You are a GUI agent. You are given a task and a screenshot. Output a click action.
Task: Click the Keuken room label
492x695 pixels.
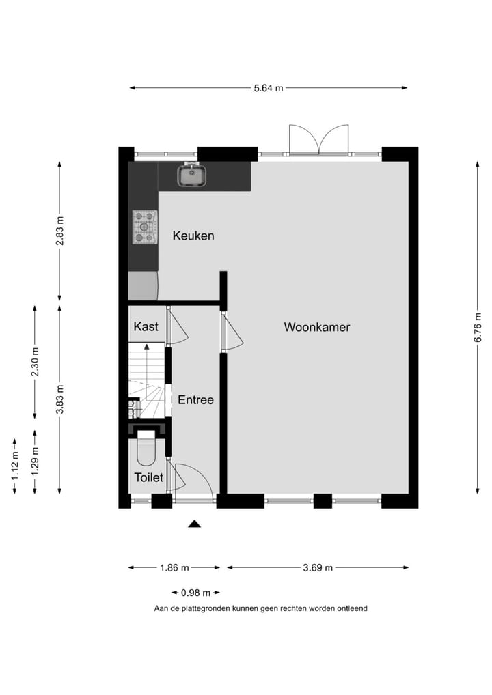(193, 236)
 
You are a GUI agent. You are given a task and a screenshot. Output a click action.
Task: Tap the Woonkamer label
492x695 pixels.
(317, 327)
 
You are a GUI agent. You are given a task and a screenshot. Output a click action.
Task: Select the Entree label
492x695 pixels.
(195, 400)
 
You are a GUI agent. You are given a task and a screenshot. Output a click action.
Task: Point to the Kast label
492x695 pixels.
(146, 326)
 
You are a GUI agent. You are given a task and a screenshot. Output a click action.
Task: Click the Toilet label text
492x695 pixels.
(148, 477)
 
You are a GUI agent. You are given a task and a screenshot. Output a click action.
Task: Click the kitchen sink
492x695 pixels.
(192, 175)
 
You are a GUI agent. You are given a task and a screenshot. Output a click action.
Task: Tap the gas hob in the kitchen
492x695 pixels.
(144, 227)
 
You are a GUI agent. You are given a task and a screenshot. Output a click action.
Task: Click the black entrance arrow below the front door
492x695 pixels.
(195, 524)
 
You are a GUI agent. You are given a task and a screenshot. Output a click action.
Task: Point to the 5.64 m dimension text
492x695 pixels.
(268, 88)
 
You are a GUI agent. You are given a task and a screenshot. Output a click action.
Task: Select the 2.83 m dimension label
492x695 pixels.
(60, 230)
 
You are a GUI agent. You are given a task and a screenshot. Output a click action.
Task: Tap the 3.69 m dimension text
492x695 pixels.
(318, 567)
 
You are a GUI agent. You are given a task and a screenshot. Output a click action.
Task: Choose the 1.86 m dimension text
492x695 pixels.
(174, 567)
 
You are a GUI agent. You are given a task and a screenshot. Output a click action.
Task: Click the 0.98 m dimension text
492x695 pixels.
(195, 593)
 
